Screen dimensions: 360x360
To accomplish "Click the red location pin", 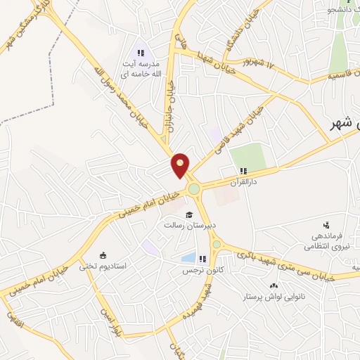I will [x=181, y=165].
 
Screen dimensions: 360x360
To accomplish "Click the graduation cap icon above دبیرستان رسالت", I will [x=188, y=214].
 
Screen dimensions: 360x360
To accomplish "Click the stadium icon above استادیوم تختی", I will [x=103, y=255].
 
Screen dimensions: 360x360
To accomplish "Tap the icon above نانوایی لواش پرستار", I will [x=274, y=286].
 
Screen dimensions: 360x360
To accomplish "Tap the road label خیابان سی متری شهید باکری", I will [x=286, y=264].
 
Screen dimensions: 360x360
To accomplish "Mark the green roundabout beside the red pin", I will [x=193, y=188].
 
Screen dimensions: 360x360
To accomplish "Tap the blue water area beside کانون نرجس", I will [x=188, y=258].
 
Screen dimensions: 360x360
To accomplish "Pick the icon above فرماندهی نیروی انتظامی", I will [x=326, y=224].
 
